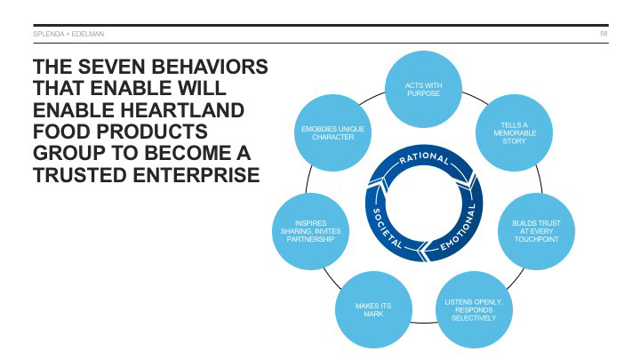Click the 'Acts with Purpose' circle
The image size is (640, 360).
[423, 90]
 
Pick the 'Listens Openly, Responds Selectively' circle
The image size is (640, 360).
[473, 309]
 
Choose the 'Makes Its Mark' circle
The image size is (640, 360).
[372, 309]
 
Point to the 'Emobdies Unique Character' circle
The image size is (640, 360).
[333, 134]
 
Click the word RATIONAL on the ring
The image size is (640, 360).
[424, 161]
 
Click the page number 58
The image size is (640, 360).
[604, 34]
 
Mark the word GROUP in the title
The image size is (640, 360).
[68, 155]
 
